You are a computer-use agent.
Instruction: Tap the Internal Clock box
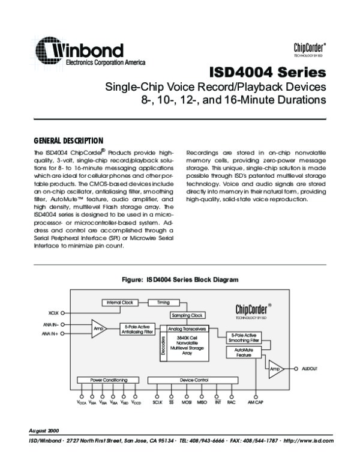120,302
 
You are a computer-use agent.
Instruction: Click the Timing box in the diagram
163,302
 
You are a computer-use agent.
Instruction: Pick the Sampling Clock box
188,315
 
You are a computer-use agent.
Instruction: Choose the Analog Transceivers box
187,329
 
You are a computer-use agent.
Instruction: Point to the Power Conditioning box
109,380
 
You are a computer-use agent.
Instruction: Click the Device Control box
194,380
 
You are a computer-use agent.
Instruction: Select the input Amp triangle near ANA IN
98,328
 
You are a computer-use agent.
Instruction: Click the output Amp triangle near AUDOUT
276,369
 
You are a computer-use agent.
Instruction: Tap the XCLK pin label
52,313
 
